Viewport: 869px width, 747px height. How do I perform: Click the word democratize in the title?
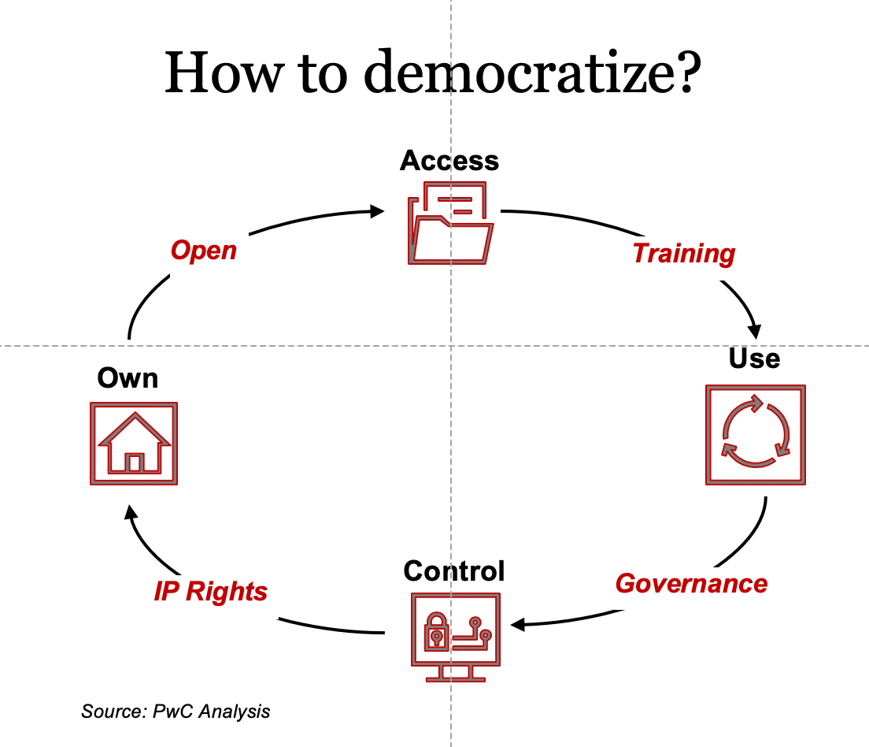pos(533,72)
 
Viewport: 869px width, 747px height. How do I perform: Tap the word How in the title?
pos(224,72)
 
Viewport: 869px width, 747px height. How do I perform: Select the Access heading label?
pos(449,161)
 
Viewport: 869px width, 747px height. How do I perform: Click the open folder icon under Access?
pos(450,222)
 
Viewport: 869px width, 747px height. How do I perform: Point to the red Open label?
pos(204,251)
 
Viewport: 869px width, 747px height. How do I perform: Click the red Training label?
pos(684,254)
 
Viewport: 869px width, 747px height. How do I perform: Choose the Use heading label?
pos(754,358)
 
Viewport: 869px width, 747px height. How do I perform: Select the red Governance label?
pos(692,584)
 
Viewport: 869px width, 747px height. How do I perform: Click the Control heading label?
pos(454,571)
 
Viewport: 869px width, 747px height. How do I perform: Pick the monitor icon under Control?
pos(456,637)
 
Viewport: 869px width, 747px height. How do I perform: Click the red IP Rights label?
pos(211,592)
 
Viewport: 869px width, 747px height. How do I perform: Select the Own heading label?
pos(128,378)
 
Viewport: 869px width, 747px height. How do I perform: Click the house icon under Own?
pos(134,444)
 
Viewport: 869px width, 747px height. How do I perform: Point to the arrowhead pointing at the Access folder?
pos(377,211)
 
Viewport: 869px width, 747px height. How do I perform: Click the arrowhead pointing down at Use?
pos(754,331)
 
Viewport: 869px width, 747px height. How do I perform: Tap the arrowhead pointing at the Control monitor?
pos(518,625)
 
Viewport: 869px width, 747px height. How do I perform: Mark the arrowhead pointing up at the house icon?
pos(131,512)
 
